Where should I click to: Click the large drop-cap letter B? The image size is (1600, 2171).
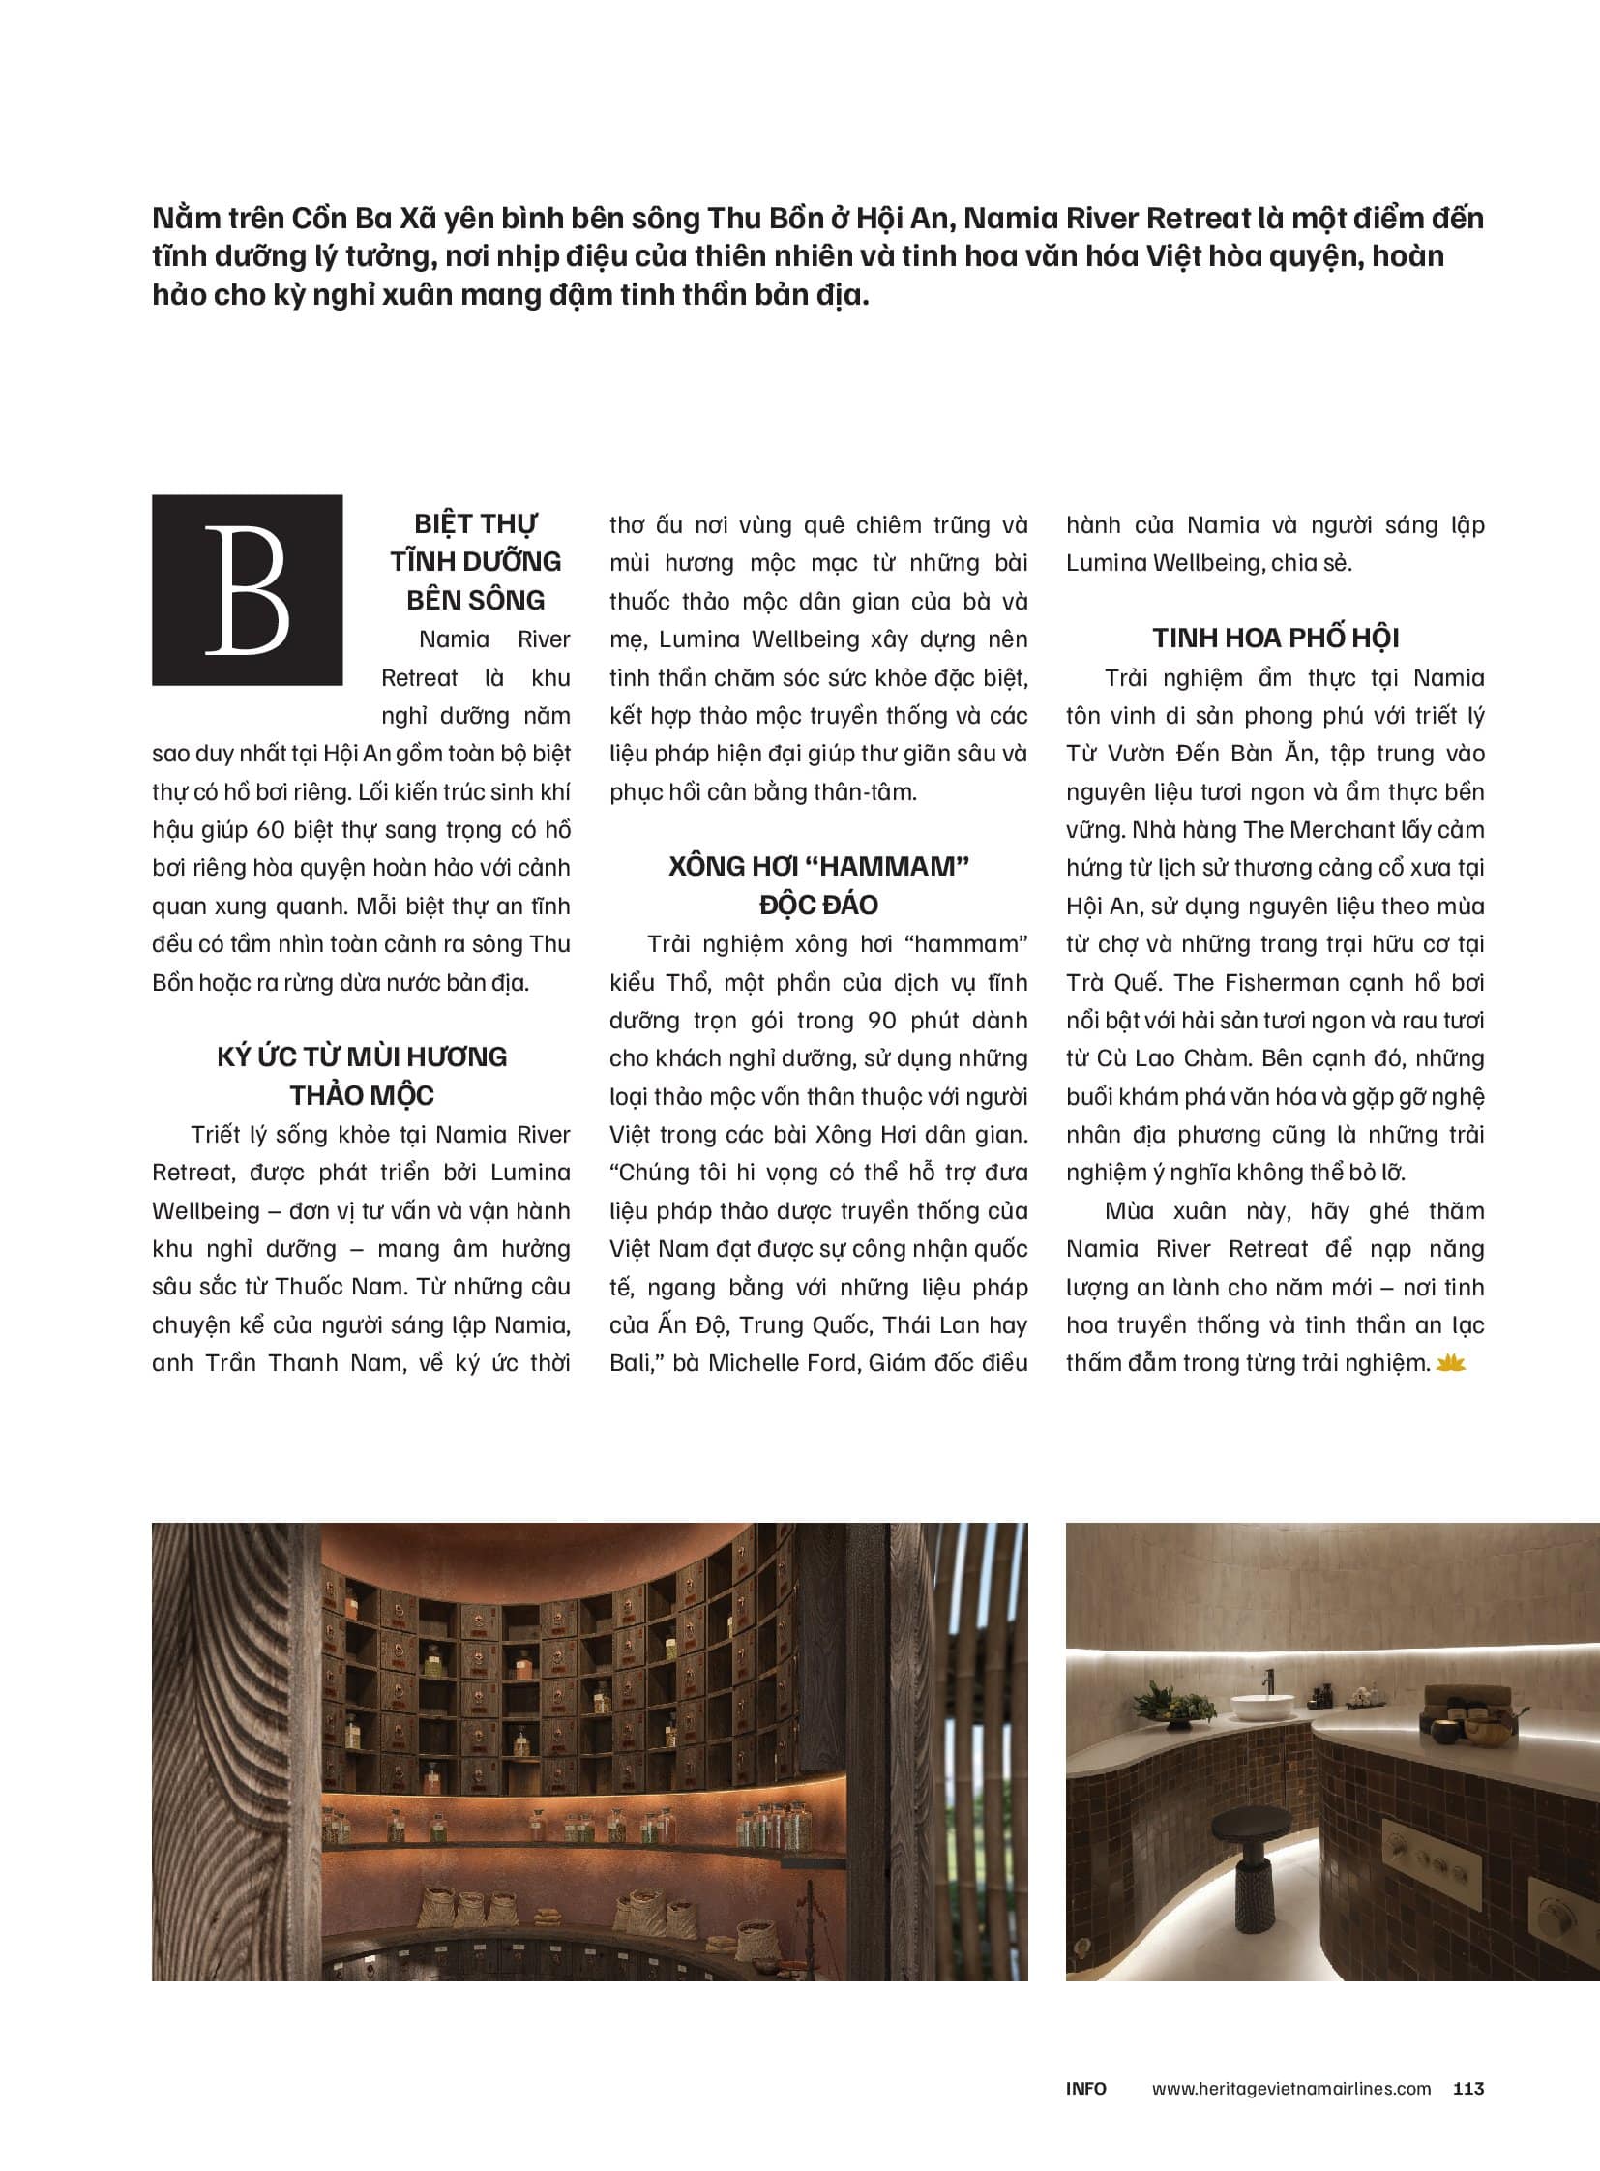[x=247, y=590]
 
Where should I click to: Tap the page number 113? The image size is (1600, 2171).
[x=1468, y=2089]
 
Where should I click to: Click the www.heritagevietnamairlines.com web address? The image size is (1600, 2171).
[x=1291, y=2089]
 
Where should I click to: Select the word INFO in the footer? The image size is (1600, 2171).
[x=1085, y=2089]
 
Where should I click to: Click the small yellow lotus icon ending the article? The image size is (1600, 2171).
[x=1451, y=1364]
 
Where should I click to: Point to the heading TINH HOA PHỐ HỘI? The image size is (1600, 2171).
[x=1276, y=639]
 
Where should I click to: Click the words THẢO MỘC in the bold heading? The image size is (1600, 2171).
[x=362, y=1096]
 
